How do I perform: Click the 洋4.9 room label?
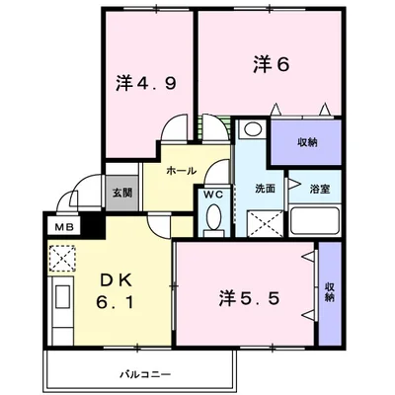pyautogui.click(x=144, y=84)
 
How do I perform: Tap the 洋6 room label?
pyautogui.click(x=270, y=65)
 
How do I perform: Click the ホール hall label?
pyautogui.click(x=182, y=170)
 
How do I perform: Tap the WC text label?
pyautogui.click(x=211, y=194)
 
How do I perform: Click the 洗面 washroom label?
pyautogui.click(x=264, y=188)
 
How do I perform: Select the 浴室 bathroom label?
pyautogui.click(x=319, y=188)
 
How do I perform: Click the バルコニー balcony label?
pyautogui.click(x=146, y=373)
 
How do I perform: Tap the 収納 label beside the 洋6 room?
pyautogui.click(x=307, y=142)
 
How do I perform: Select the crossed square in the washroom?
pyautogui.click(x=263, y=223)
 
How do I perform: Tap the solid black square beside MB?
pyautogui.click(x=92, y=226)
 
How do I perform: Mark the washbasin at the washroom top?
pyautogui.click(x=251, y=129)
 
